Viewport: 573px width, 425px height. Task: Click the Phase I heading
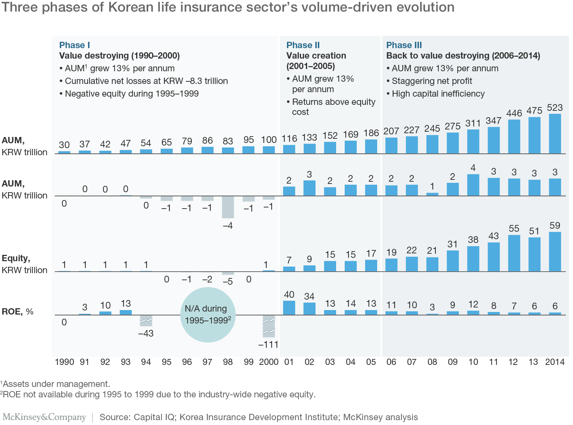75,45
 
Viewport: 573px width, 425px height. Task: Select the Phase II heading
303,45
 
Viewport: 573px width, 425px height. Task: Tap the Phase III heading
404,45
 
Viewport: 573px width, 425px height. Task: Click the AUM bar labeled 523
555,134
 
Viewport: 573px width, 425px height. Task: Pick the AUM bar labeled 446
514,137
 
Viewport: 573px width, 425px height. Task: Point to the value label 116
289,139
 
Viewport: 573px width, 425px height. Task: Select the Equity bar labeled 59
555,251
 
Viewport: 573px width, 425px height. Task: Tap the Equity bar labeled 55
514,253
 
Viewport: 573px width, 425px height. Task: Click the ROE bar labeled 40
289,308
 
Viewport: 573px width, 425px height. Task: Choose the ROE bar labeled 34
309,309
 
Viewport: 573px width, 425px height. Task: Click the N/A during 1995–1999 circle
208,315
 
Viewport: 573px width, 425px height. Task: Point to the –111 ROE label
268,344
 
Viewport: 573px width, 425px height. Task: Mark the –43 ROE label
146,333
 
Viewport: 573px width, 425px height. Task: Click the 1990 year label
65,362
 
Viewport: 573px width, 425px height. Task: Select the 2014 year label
555,362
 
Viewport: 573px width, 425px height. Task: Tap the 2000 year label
269,362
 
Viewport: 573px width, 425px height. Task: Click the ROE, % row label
18,312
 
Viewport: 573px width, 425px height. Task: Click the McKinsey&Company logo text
44,417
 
